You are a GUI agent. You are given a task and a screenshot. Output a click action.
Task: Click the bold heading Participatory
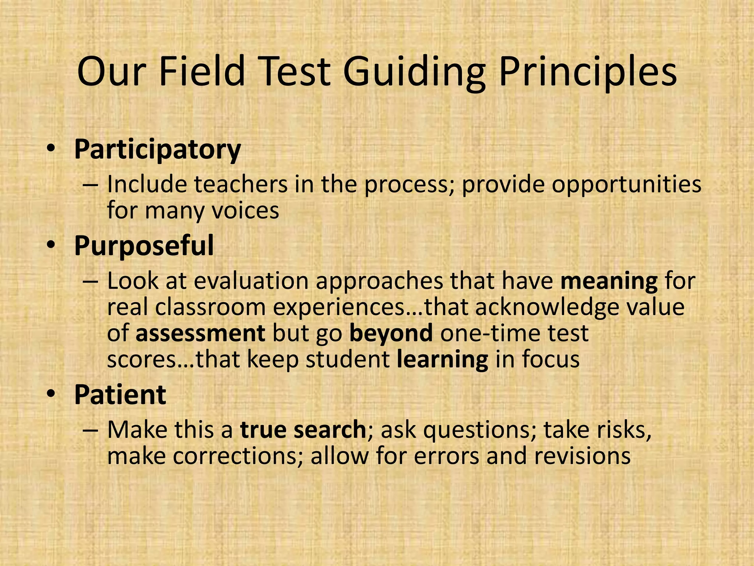point(158,150)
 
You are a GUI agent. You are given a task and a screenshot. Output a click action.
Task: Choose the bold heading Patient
point(120,395)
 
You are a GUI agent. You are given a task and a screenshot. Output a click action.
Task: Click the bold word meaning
point(609,282)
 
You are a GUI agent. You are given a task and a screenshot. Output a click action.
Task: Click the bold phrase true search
point(303,430)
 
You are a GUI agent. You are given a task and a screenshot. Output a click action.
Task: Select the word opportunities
point(626,185)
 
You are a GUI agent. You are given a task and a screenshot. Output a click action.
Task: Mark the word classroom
point(210,307)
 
